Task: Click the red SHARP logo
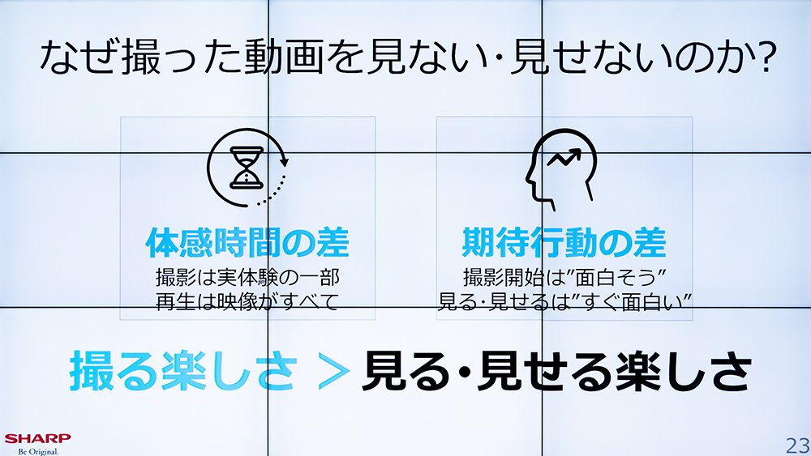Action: coord(37,438)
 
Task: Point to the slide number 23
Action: coord(796,445)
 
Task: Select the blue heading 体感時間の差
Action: coord(247,242)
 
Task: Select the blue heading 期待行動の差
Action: coord(564,242)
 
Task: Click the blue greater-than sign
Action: coord(328,372)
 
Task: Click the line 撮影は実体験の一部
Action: coord(247,277)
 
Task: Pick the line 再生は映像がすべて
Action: coord(247,301)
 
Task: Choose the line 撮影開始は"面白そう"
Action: coord(564,277)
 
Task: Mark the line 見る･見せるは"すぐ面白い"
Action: coord(564,301)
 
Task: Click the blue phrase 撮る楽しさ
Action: coord(182,372)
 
